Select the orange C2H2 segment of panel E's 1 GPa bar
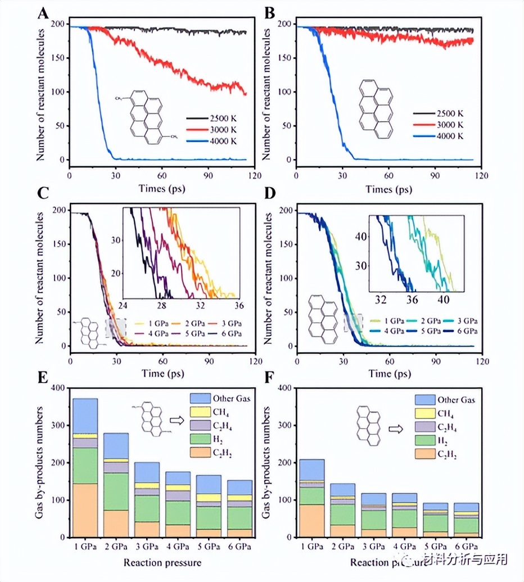tap(85, 510)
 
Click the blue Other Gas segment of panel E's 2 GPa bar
tap(116, 445)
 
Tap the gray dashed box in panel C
tap(115, 328)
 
